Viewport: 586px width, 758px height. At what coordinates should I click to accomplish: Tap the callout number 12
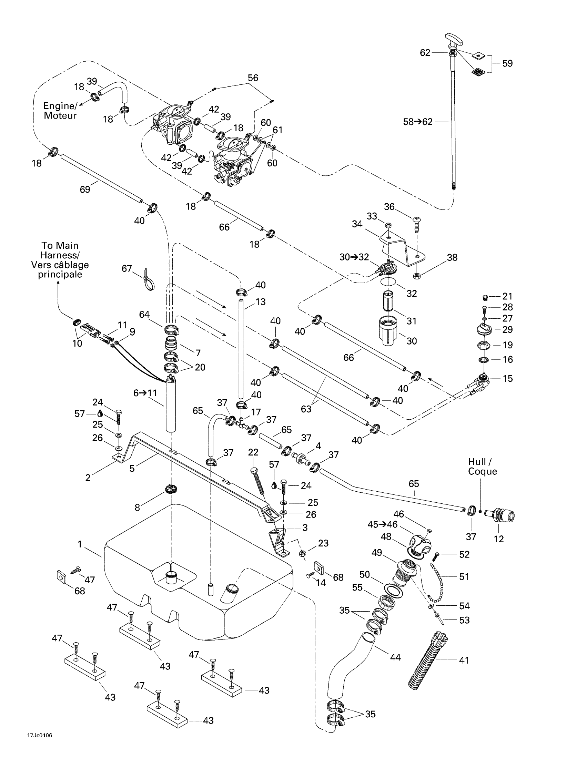pyautogui.click(x=498, y=539)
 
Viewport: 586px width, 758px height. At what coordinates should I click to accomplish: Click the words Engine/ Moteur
pyautogui.click(x=60, y=111)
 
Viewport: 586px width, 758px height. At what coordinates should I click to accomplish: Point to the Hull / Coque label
pyautogui.click(x=482, y=467)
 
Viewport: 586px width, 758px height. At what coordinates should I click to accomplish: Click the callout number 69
pyautogui.click(x=85, y=189)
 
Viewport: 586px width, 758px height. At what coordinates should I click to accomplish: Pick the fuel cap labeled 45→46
pyautogui.click(x=419, y=544)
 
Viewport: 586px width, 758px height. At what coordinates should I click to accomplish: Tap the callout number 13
pyautogui.click(x=260, y=301)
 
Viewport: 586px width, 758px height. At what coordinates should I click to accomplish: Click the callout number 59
pyautogui.click(x=507, y=63)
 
